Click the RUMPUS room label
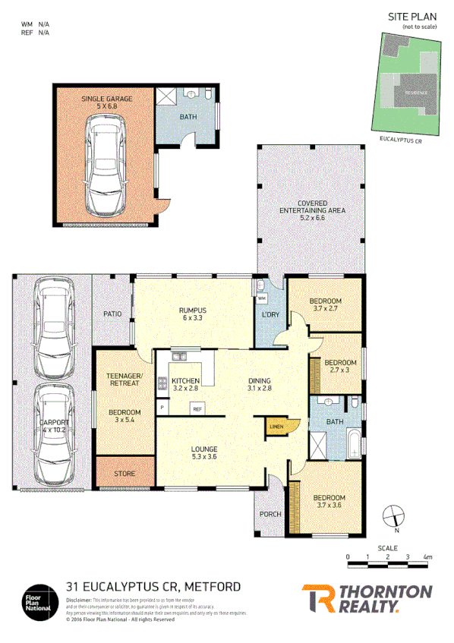[x=193, y=310]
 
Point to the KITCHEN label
[x=185, y=380]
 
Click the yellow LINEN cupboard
[x=276, y=427]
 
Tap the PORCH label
[x=271, y=514]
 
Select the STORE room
[x=125, y=474]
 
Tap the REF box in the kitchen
[x=197, y=409]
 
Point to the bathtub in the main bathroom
[x=355, y=445]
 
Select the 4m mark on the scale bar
[x=428, y=556]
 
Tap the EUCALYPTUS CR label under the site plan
[x=399, y=140]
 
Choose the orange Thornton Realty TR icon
[x=318, y=597]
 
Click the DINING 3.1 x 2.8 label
[x=259, y=384]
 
